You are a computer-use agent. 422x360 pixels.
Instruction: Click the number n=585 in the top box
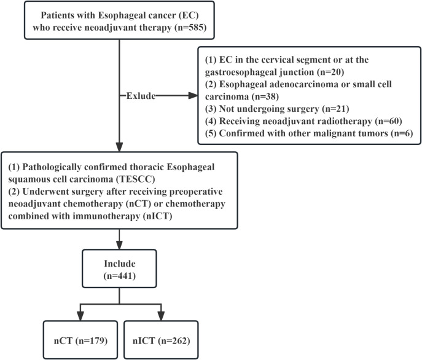190,28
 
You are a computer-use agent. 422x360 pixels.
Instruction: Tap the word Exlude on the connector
141,96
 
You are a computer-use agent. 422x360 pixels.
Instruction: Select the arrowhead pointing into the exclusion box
193,95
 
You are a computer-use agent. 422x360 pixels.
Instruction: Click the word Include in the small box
120,264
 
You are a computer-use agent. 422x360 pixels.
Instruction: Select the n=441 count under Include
120,276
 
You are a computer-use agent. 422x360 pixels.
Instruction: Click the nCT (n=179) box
80,340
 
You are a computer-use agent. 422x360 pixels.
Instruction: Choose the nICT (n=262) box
161,340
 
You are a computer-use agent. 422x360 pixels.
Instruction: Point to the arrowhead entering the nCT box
80,316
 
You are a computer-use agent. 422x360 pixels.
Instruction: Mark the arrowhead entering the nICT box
161,316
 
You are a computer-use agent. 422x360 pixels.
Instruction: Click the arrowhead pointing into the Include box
119,245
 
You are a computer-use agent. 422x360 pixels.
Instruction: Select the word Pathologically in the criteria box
52,167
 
